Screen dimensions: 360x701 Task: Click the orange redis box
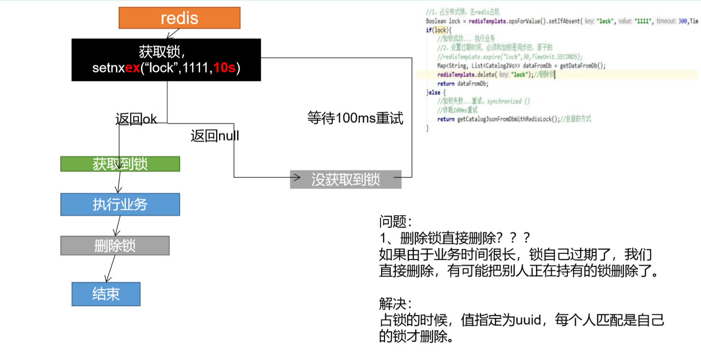point(179,18)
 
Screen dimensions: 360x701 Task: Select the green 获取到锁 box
point(120,164)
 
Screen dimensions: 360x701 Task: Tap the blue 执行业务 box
point(120,204)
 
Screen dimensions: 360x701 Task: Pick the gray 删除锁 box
point(115,245)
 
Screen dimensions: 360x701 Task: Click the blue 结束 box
point(106,294)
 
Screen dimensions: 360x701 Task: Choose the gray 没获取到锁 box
point(346,179)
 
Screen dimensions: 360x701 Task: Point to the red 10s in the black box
point(224,68)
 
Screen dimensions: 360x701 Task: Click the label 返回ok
point(136,119)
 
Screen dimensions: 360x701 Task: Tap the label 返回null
point(214,136)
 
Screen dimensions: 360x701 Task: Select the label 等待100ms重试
point(355,118)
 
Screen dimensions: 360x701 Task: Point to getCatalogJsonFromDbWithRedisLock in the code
point(508,119)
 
